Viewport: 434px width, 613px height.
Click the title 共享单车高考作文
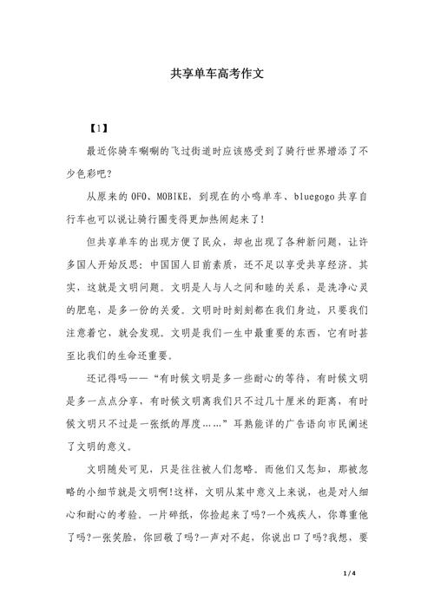tap(216, 75)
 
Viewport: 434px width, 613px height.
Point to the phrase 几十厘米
tap(279, 401)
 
